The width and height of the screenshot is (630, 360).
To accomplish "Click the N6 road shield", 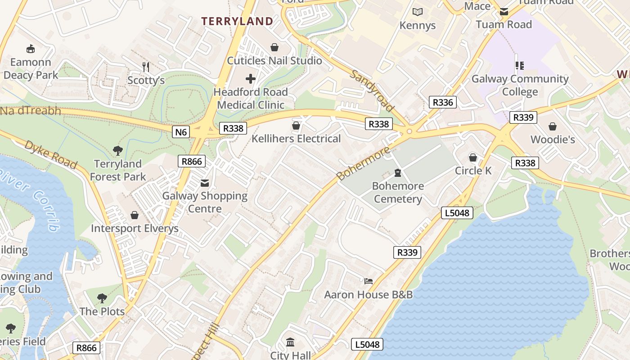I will tap(181, 131).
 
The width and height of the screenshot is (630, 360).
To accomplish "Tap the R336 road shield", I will tap(442, 102).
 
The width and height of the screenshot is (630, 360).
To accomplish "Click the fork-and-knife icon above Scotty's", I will tap(146, 67).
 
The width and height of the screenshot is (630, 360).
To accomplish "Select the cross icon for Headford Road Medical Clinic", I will tap(251, 79).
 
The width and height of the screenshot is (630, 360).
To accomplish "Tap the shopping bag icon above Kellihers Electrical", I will tap(296, 126).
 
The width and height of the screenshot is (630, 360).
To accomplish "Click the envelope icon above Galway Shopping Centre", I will tap(205, 183).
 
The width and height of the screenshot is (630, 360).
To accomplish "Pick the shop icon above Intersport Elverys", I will tap(134, 216).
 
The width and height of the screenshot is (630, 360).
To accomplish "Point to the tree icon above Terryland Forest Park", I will tap(118, 150).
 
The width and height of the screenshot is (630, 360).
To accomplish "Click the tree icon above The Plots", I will tap(102, 298).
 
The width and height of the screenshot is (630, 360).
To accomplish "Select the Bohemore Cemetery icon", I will tap(398, 173).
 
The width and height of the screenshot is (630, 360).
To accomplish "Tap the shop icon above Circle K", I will tap(473, 157).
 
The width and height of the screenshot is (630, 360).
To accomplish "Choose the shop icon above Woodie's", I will tap(553, 126).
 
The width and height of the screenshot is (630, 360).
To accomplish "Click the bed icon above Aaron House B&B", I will tap(369, 281).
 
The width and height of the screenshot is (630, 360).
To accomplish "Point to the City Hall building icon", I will tap(290, 342).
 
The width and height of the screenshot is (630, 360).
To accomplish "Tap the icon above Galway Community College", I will tap(520, 66).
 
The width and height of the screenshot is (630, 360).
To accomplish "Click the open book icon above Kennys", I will tap(418, 12).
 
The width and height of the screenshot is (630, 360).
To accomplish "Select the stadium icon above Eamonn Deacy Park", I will tap(31, 49).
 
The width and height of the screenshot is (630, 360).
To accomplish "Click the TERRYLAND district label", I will tap(237, 21).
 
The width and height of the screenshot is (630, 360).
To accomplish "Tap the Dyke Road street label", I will tap(50, 154).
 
